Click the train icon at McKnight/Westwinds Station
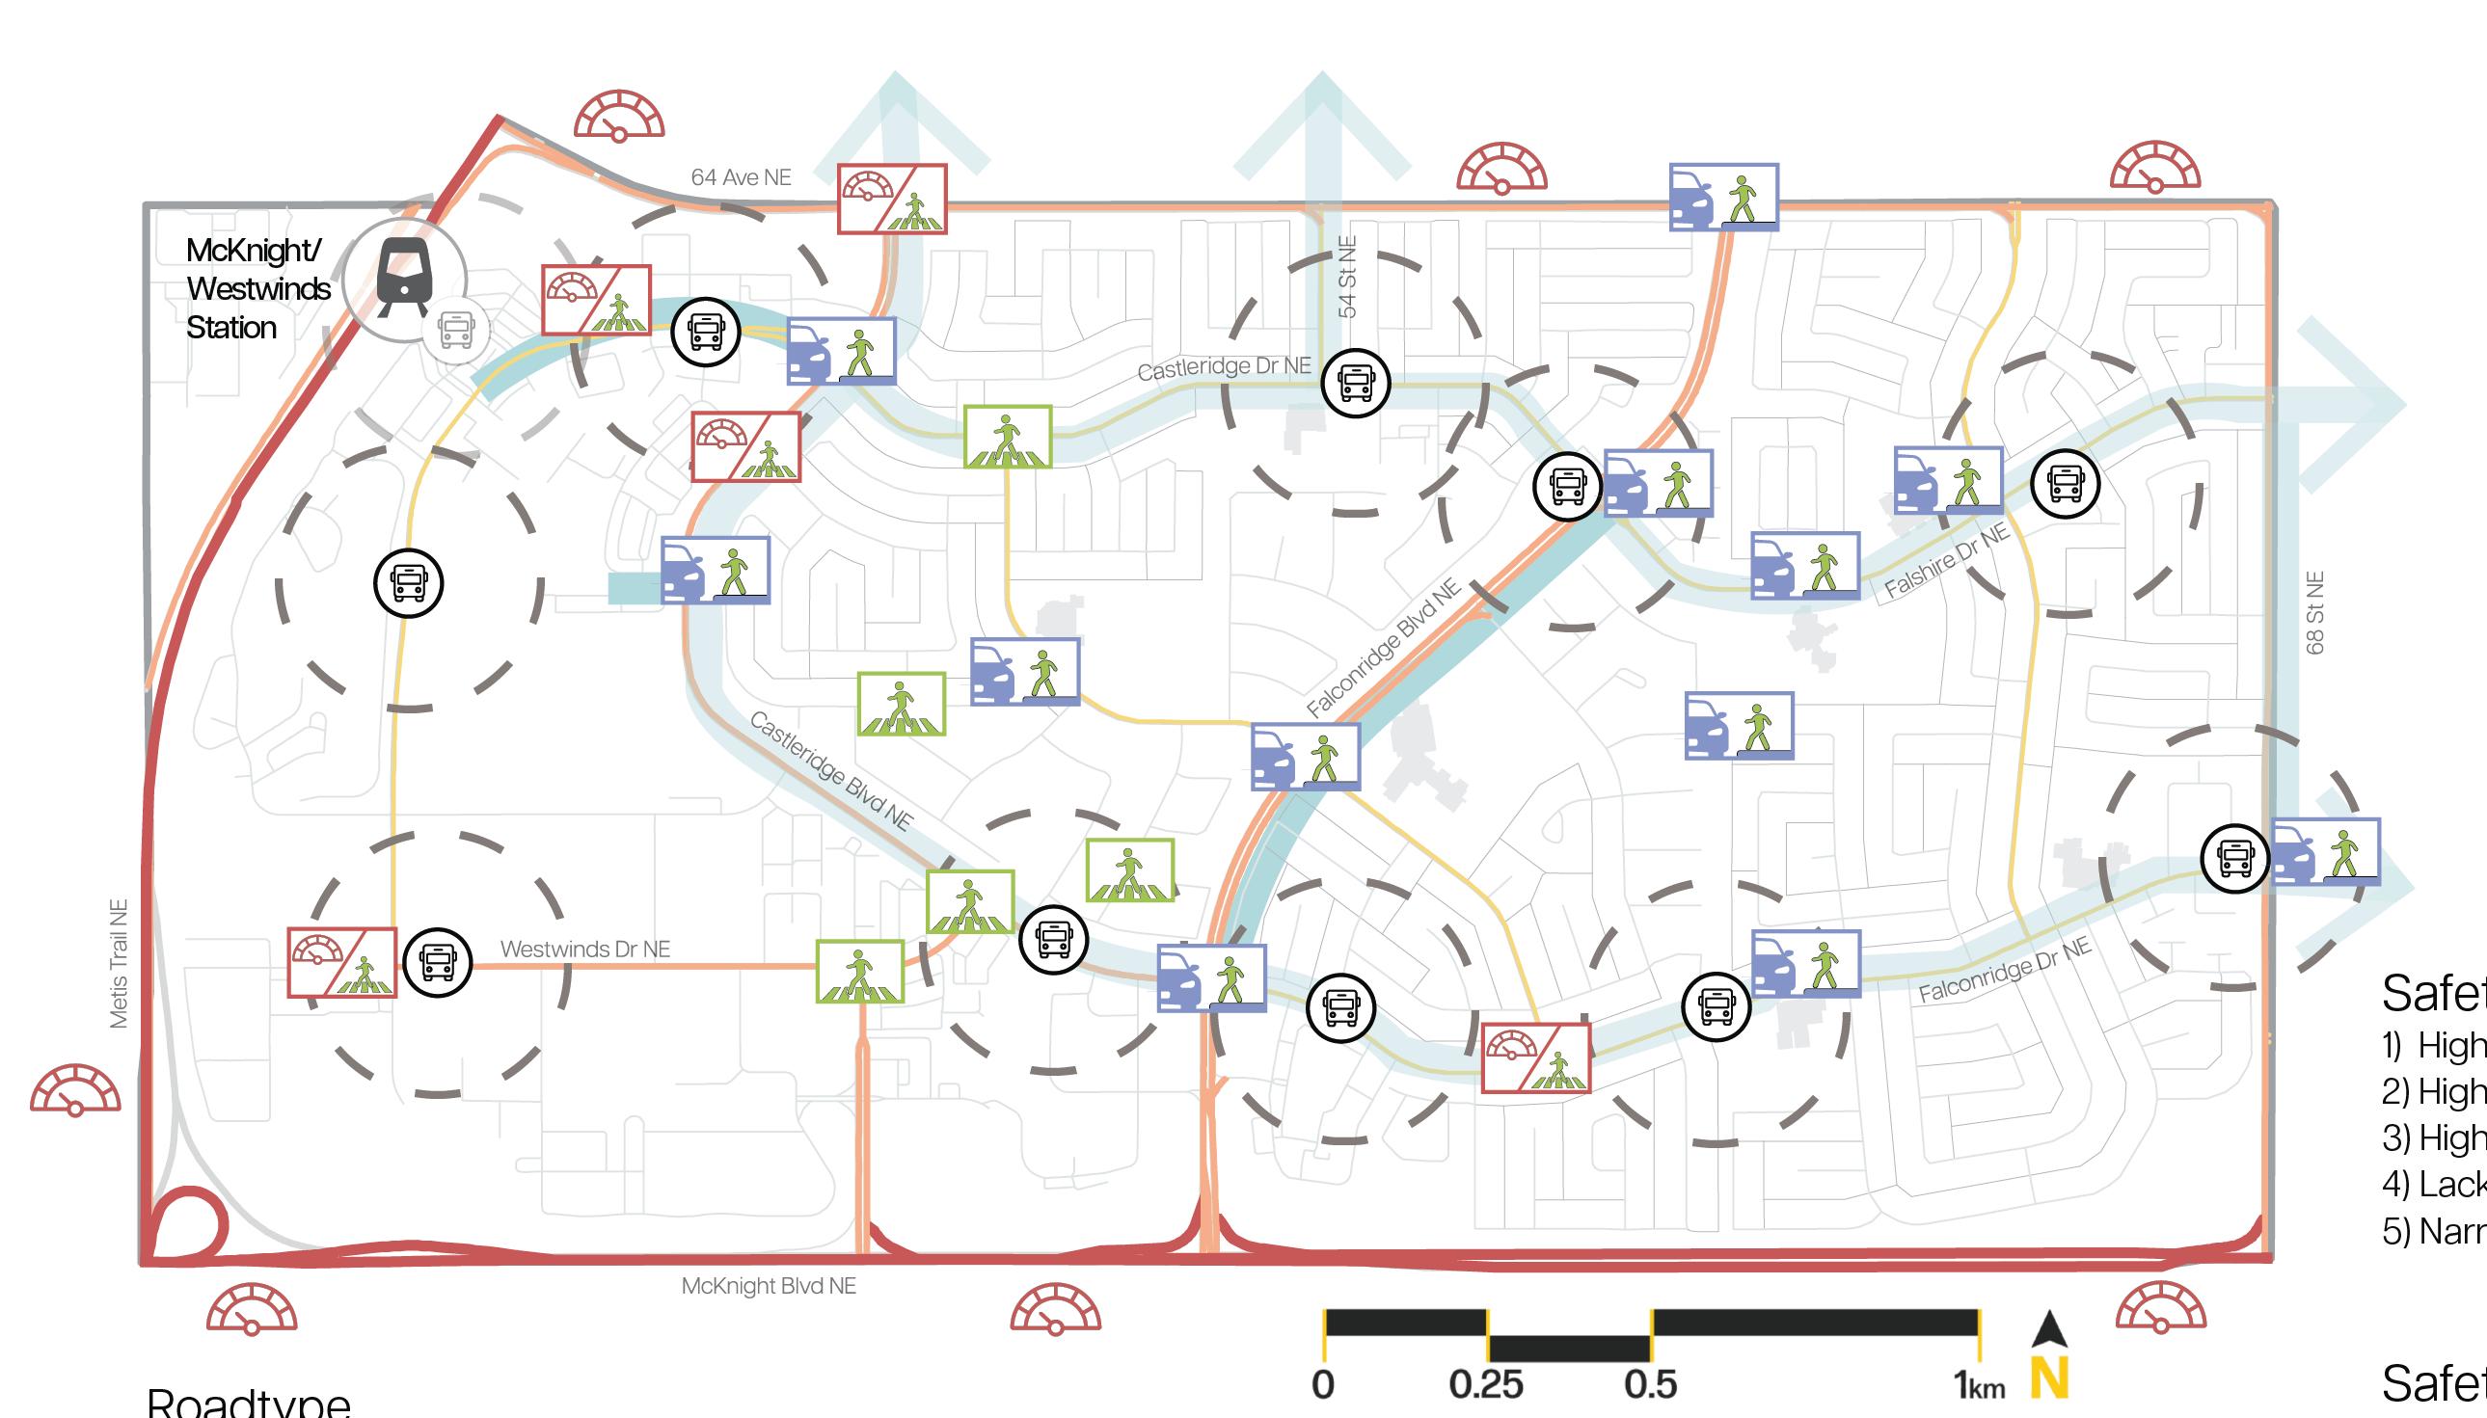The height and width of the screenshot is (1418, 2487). pos(403,277)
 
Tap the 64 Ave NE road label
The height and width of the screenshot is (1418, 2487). pos(741,177)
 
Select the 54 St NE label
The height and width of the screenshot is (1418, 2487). pos(1346,277)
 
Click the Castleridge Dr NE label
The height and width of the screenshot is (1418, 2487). pos(1224,368)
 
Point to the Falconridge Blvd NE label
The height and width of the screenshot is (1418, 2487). pos(1383,648)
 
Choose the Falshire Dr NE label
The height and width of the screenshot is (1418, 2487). pos(1945,561)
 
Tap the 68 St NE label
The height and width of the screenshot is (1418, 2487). pos(2315,612)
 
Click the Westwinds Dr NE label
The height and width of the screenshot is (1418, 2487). pos(584,949)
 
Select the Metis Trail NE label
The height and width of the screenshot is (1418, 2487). pos(119,963)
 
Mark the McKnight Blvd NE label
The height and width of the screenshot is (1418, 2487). pos(769,1286)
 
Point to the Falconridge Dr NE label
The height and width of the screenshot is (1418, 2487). pos(2004,970)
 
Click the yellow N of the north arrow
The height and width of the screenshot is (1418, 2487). pos(2048,1379)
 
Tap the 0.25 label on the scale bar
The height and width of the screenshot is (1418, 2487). pos(1486,1384)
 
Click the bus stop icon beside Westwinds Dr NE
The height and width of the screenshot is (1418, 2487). pos(438,961)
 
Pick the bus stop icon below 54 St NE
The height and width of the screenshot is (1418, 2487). pos(1355,383)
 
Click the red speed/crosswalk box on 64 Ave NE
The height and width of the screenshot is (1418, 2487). pos(891,199)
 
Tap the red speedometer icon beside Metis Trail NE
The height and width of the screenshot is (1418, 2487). pos(75,1092)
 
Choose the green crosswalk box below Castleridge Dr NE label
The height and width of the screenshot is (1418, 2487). pos(1008,437)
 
